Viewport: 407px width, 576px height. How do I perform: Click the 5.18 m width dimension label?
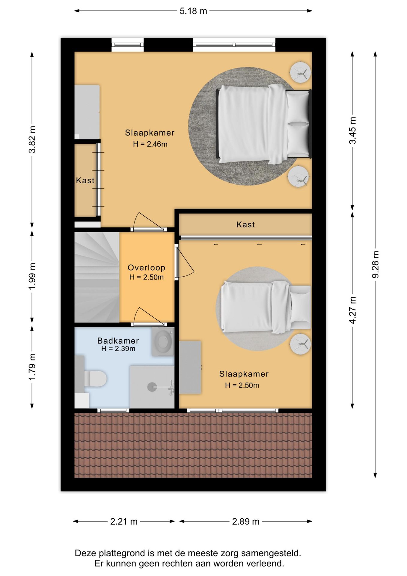193,11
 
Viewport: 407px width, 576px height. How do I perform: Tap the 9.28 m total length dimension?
375,264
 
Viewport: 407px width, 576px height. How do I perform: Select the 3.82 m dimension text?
32,139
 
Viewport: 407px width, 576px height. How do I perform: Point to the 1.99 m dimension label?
32,276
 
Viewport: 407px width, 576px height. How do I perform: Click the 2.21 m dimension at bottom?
124,521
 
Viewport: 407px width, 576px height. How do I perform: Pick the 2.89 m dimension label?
246,521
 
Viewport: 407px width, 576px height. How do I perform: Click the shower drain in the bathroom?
152,387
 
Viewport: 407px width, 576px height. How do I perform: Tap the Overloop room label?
146,268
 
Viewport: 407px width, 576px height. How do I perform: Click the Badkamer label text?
118,341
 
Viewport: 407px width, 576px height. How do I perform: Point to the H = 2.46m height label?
150,144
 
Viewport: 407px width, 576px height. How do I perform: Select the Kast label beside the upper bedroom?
85,180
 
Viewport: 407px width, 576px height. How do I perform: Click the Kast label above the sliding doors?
245,224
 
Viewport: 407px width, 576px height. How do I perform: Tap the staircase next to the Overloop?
97,277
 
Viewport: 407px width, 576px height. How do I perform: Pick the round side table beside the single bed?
300,344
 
